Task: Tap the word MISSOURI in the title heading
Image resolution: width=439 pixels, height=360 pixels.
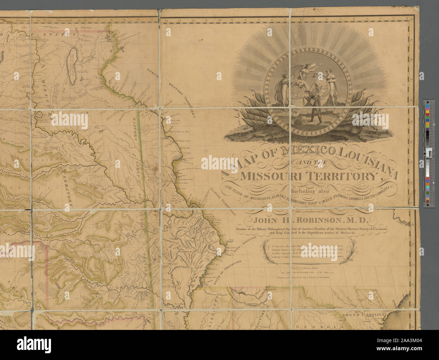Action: (272, 176)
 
